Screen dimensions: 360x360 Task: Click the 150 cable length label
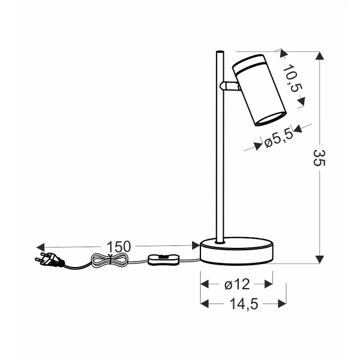pos(119,247)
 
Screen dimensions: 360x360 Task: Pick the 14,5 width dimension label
pos(244,304)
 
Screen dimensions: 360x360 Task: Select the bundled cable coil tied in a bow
pos(109,260)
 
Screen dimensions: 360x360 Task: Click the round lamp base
pos(237,251)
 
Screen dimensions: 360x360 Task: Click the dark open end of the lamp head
pos(270,118)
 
